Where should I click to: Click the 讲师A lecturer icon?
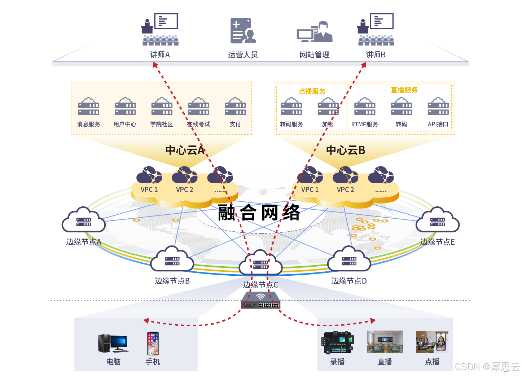pyautogui.click(x=160, y=30)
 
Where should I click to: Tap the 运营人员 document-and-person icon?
pyautogui.click(x=243, y=31)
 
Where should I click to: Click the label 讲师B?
pyautogui.click(x=376, y=55)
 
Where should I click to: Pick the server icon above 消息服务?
pyautogui.click(x=89, y=107)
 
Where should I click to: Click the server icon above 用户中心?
pyautogui.click(x=125, y=107)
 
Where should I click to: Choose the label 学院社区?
pyautogui.click(x=162, y=124)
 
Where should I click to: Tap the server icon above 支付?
pyautogui.click(x=235, y=107)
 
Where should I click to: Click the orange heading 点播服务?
pyautogui.click(x=312, y=91)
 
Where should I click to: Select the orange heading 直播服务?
pyautogui.click(x=404, y=90)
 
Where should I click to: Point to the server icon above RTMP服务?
pyautogui.click(x=365, y=107)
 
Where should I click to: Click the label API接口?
pyautogui.click(x=438, y=124)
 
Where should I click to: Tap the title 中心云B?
pyautogui.click(x=346, y=150)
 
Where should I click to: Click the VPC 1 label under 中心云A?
pyautogui.click(x=149, y=189)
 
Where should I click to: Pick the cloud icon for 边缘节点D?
pyautogui.click(x=349, y=259)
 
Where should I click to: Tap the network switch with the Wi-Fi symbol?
pyautogui.click(x=260, y=301)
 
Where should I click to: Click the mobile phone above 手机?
pyautogui.click(x=153, y=344)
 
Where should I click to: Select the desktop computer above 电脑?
pyautogui.click(x=113, y=343)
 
